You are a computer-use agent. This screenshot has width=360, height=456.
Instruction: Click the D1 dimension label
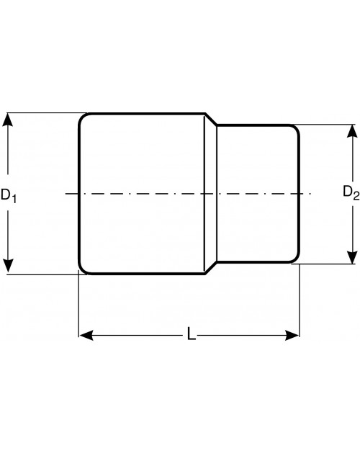click(x=9, y=195)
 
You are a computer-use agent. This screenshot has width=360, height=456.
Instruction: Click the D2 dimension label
click(x=351, y=193)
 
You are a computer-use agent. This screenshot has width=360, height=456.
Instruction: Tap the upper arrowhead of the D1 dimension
click(x=7, y=120)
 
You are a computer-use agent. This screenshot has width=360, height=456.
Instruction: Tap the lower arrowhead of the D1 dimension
click(x=7, y=267)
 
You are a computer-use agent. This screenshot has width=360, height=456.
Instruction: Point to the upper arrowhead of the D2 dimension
click(x=353, y=131)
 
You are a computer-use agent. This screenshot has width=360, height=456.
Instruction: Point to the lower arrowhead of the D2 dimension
click(x=353, y=257)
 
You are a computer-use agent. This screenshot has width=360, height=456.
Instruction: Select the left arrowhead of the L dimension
click(x=86, y=335)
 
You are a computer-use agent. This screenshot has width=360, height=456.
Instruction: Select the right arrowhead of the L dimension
click(x=292, y=335)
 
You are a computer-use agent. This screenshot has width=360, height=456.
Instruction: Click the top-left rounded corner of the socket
click(x=82, y=117)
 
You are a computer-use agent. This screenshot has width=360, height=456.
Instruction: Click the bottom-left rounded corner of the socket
click(x=82, y=269)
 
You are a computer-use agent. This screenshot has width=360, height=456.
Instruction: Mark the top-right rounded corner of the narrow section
click(x=296, y=129)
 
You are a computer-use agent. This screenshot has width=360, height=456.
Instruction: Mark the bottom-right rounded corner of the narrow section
click(x=296, y=259)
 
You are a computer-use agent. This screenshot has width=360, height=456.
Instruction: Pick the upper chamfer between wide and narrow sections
click(x=211, y=120)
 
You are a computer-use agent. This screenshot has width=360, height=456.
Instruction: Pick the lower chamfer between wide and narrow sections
click(x=211, y=267)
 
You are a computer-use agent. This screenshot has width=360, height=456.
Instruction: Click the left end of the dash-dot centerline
click(x=66, y=193)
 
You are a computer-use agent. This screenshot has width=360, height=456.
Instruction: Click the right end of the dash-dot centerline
click(x=310, y=193)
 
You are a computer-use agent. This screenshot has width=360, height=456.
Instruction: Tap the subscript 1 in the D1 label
click(x=14, y=199)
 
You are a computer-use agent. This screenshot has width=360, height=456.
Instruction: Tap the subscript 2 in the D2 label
click(x=356, y=197)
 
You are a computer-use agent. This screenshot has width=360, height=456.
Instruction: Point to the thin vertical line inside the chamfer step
click(x=204, y=193)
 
